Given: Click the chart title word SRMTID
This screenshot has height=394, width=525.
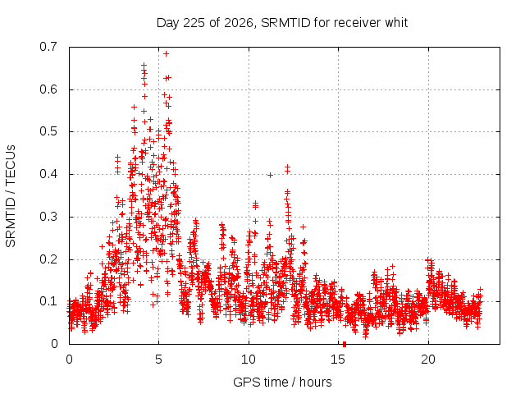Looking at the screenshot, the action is [x=285, y=23].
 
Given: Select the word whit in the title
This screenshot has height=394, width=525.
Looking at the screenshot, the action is [x=396, y=23].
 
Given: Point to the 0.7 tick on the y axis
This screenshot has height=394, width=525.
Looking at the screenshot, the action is [x=48, y=47].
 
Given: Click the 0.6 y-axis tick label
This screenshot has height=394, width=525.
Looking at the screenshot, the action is [x=48, y=89].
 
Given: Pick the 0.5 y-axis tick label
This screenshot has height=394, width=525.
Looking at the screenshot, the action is [x=48, y=131].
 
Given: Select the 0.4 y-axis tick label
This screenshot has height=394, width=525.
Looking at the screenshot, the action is [x=48, y=174].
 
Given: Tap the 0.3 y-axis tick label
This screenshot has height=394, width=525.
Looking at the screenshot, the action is [x=48, y=217].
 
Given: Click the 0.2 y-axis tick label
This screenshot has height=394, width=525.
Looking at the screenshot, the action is [x=48, y=259].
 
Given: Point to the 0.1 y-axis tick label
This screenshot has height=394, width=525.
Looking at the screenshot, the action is [x=48, y=301].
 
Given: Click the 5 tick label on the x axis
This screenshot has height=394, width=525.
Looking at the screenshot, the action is [x=158, y=360].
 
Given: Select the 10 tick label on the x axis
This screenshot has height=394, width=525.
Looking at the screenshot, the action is [x=249, y=360].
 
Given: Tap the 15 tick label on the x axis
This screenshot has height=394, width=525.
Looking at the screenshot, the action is [x=338, y=360].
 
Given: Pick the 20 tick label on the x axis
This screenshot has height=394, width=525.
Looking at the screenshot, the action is [x=428, y=360].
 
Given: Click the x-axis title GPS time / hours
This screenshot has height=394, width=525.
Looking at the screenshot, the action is [x=282, y=383].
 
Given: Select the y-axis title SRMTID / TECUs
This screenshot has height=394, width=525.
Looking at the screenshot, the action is [x=11, y=196].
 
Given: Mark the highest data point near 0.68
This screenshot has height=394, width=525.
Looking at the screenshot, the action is [x=166, y=53].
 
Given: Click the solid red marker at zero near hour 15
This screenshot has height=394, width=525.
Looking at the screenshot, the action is [x=345, y=344].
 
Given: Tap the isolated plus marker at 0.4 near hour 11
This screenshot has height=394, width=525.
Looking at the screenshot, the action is [x=270, y=175].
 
